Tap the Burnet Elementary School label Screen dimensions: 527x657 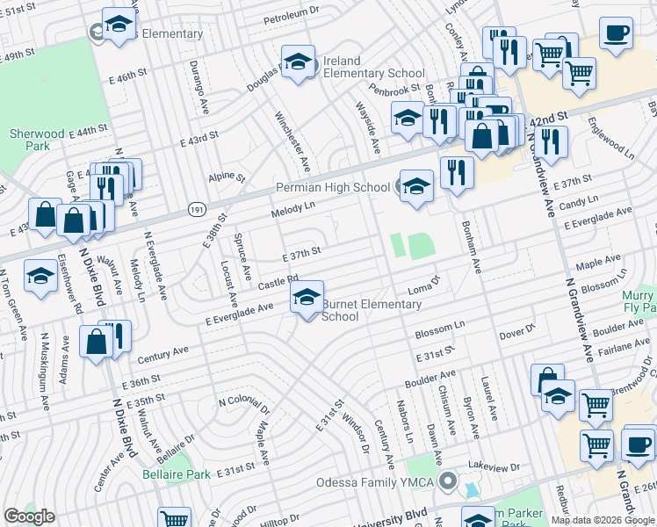coord(359,310)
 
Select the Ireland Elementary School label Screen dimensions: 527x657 coord(363,67)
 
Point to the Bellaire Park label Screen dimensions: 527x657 coord(177,474)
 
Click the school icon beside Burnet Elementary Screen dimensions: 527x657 coord(307,298)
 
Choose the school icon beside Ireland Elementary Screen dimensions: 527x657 coord(298,62)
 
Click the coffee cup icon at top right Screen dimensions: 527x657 coord(616,33)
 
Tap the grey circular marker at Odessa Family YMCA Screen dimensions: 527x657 coord(448,480)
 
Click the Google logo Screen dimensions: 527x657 coord(30,516)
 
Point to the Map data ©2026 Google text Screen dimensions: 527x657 coord(603,520)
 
